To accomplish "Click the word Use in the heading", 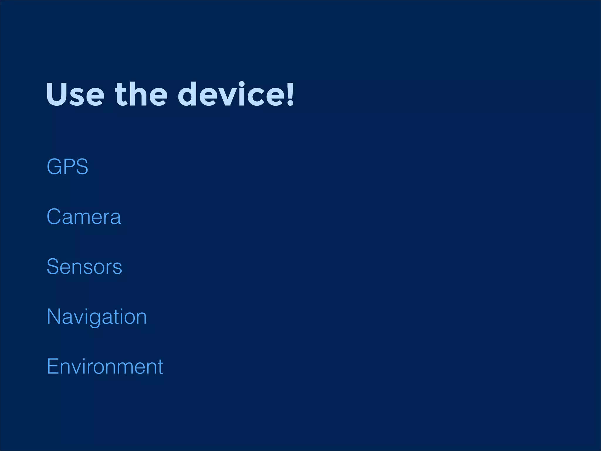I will [75, 95].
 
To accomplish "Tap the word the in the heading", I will [141, 95].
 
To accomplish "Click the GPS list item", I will [67, 167].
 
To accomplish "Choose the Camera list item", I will [84, 217].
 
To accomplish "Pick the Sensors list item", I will [85, 267].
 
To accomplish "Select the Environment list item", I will [105, 366].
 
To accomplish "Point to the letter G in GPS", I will [55, 167].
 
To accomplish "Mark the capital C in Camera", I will [54, 217].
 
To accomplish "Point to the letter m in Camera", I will [86, 218].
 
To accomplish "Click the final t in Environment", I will [160, 367].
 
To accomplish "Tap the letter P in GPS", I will [69, 167].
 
